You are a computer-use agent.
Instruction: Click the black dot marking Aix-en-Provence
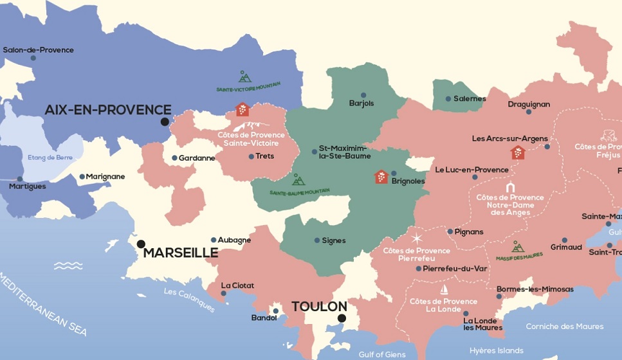(x=165, y=122)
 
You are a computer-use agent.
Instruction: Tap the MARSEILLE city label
(x=181, y=253)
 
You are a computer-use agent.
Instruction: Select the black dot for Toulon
(x=342, y=318)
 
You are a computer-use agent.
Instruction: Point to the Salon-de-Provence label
(x=39, y=50)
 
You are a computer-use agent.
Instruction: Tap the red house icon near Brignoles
(x=381, y=177)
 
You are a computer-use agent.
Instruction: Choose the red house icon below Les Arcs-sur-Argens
(x=518, y=152)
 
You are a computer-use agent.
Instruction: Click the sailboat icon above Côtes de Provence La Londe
(x=444, y=290)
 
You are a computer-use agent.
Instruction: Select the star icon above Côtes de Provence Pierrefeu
(x=417, y=239)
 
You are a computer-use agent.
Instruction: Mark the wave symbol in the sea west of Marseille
(x=68, y=265)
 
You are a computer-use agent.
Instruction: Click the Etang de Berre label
(x=50, y=157)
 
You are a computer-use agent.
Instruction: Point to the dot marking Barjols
(x=363, y=95)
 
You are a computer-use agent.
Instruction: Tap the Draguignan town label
(x=529, y=104)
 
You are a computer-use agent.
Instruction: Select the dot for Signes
(x=317, y=240)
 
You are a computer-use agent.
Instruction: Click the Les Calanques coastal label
(x=189, y=300)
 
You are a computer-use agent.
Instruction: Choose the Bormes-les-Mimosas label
(x=535, y=289)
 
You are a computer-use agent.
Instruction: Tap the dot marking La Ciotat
(x=224, y=293)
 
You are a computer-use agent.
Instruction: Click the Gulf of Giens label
(x=382, y=354)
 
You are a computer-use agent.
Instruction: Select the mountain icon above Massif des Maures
(x=518, y=247)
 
